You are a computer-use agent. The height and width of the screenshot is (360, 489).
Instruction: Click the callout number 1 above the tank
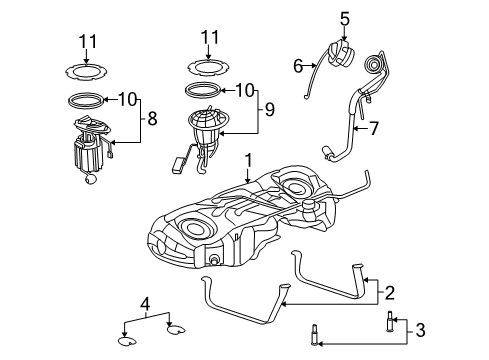tap(248, 159)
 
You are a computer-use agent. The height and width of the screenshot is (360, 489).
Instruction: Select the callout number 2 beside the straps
tap(390, 293)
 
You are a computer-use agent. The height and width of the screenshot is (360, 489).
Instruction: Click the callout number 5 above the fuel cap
tap(344, 17)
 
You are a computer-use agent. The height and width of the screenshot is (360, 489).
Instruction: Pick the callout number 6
tap(297, 66)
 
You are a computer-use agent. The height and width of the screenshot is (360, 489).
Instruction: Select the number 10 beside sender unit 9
tap(247, 90)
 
